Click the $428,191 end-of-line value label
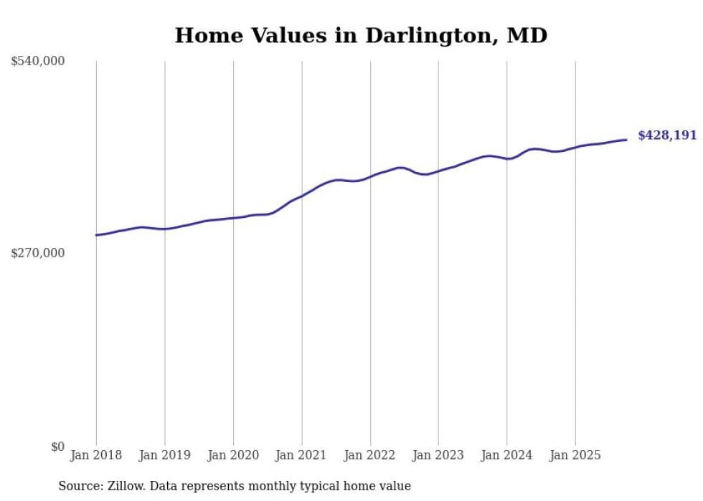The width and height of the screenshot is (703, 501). [667, 135]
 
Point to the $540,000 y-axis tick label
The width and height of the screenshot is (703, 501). [38, 62]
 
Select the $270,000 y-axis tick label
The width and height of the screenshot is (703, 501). [38, 253]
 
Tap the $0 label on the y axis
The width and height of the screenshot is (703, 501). [58, 447]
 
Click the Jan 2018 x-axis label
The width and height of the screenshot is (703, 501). [96, 455]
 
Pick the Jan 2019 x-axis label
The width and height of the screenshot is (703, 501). [165, 455]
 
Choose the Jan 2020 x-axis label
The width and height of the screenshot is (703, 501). [233, 455]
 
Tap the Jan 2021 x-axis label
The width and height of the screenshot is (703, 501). [301, 455]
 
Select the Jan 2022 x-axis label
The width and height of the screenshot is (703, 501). [370, 455]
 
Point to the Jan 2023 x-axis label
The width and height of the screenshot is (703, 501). [438, 455]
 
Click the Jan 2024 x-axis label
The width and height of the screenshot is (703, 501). [507, 455]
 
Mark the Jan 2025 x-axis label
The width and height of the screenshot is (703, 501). [575, 455]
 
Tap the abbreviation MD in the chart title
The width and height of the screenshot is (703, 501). [527, 35]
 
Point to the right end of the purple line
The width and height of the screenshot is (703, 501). [627, 140]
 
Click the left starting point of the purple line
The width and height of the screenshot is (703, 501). [96, 235]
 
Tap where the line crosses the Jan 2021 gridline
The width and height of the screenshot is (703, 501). [301, 196]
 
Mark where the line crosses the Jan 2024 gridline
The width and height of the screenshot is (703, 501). [507, 159]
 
